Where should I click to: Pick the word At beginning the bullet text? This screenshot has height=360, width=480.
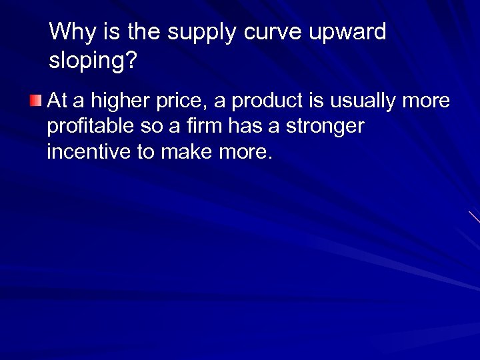click(x=57, y=101)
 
